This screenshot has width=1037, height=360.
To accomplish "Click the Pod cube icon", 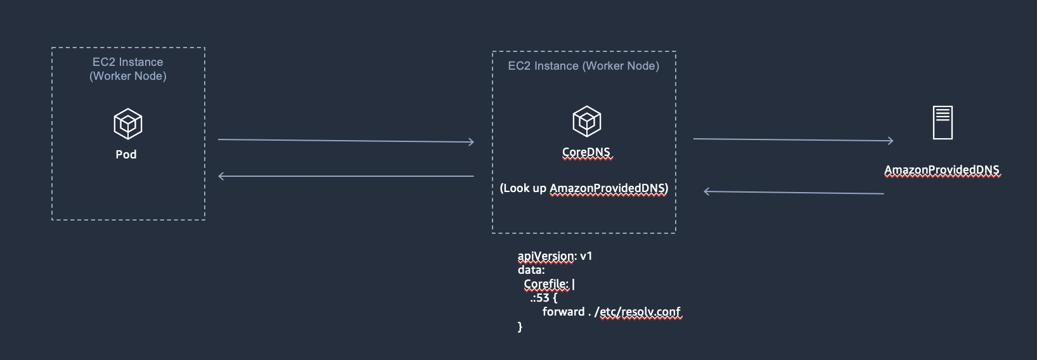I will (128, 124).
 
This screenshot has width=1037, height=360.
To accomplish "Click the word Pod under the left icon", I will (126, 155).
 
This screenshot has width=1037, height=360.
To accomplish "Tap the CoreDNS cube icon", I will (587, 121).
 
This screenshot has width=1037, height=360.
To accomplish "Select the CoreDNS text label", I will (586, 153).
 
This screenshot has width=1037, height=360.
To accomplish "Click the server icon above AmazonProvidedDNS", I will (943, 122).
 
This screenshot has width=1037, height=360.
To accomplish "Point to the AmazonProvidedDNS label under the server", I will (942, 170).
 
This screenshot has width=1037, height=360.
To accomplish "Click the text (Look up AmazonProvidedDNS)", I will (584, 188).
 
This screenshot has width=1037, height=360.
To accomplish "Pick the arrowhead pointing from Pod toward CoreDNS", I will (471, 142).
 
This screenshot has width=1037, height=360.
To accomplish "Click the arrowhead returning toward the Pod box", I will (221, 176).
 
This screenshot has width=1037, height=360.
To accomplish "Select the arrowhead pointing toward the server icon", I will (891, 141).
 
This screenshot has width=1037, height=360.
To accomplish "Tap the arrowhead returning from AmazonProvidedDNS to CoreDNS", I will (707, 191).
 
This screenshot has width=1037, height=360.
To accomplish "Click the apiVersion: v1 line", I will (555, 256).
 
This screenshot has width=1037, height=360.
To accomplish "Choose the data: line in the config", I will (531, 270).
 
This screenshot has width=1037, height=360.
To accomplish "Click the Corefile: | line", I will (549, 284).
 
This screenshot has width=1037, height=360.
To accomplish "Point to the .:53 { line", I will (543, 298).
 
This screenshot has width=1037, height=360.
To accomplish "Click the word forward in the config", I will (564, 312).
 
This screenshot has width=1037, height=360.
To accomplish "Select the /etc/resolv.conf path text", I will (638, 312).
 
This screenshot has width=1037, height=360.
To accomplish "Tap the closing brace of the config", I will (520, 326).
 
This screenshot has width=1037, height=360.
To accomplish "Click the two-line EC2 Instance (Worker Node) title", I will (128, 69).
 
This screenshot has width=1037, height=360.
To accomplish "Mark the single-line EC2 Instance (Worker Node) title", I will (584, 66).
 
